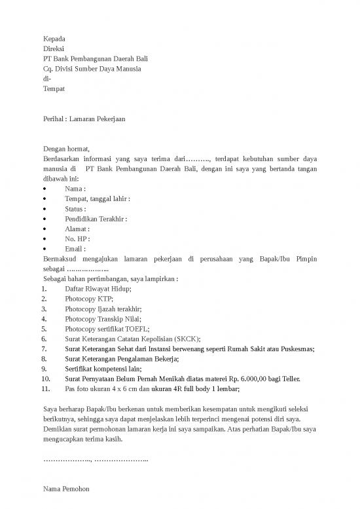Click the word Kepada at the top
point(54,39)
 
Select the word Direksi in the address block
point(54,49)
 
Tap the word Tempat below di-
point(54,88)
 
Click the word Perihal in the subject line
point(53,119)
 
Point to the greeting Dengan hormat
point(65,149)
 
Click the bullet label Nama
point(74,189)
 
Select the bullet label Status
point(75,209)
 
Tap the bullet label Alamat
point(76,229)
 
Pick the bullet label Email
point(74,249)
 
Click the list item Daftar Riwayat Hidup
point(98,289)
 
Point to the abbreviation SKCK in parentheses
point(186,339)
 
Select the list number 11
point(46,388)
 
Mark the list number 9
point(44,369)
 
